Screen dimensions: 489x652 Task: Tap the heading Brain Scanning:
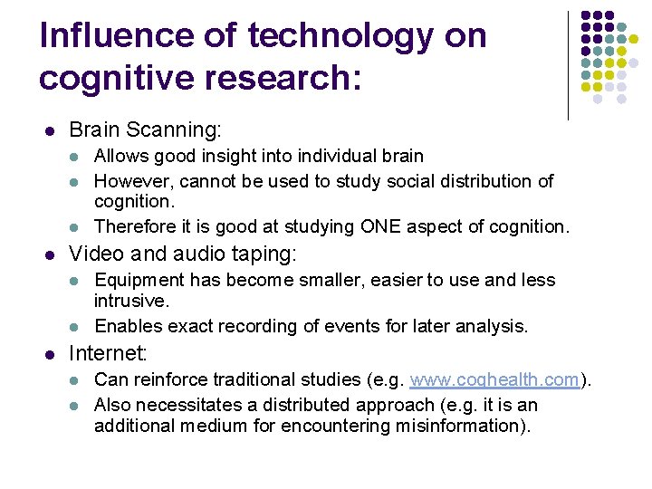pyautogui.click(x=145, y=130)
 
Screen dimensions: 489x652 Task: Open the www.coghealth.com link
pyautogui.click(x=494, y=380)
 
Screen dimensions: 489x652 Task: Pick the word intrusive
pyautogui.click(x=129, y=300)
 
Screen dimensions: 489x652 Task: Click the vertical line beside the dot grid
pyautogui.click(x=568, y=65)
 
